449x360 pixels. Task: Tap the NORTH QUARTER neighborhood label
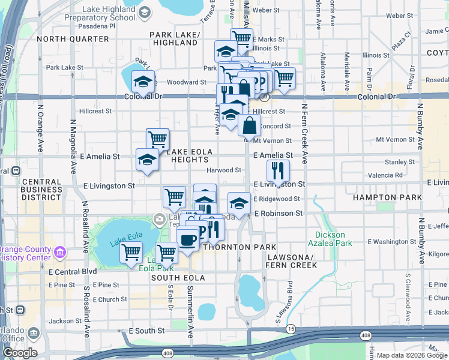(73, 39)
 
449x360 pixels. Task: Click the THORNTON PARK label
(240, 247)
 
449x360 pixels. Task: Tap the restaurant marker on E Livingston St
(278, 170)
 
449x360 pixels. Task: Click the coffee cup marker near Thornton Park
(188, 240)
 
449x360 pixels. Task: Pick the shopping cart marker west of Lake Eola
(131, 253)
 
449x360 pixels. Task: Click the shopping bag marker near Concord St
(250, 125)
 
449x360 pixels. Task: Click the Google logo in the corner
(20, 353)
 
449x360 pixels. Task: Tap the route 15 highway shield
(291, 329)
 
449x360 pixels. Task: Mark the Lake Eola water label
(124, 243)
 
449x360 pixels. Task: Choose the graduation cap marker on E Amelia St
(147, 159)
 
